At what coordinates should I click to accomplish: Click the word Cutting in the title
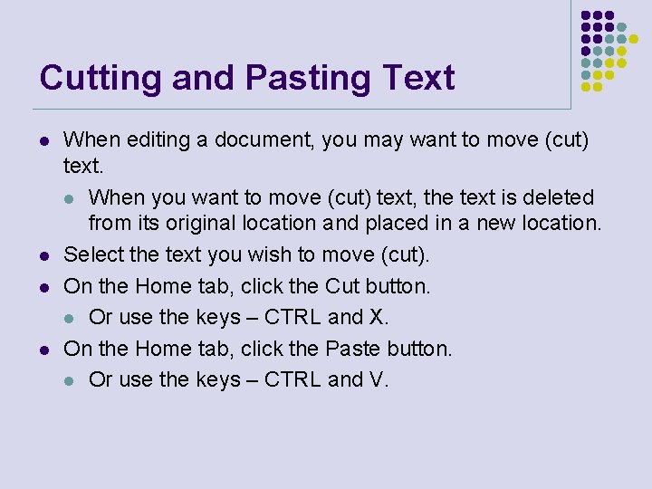tap(93, 79)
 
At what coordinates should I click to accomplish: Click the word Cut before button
tap(342, 287)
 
